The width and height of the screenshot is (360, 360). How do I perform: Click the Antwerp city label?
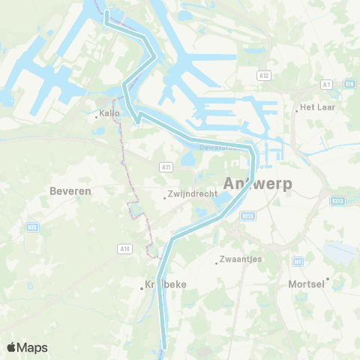click(256, 183)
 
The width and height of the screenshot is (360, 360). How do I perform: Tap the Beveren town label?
click(70, 191)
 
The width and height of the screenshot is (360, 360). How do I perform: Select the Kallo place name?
click(109, 115)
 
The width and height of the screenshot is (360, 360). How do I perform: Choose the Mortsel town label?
click(306, 284)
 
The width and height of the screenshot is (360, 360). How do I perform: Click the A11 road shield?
click(166, 166)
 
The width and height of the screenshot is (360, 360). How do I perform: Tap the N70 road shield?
click(32, 224)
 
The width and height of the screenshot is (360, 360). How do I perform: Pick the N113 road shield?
click(248, 215)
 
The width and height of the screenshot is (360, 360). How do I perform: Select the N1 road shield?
click(298, 261)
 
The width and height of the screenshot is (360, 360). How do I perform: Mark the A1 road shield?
click(326, 85)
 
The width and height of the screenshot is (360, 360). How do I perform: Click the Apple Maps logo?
click(27, 347)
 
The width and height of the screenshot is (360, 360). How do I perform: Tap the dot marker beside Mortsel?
click(328, 278)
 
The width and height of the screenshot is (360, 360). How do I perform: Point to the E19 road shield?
click(349, 84)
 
